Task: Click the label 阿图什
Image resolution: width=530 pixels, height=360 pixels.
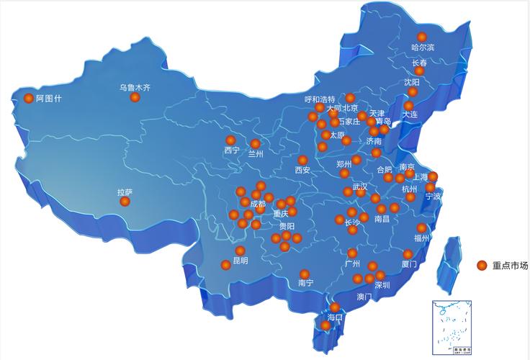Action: [x=49, y=99]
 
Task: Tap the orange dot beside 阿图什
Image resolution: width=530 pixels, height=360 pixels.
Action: [x=29, y=99]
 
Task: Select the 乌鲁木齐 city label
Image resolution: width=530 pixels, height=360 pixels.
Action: [x=135, y=88]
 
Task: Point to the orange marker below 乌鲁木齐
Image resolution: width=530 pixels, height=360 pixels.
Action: [x=135, y=97]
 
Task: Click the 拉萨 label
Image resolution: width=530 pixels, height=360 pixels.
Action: [x=125, y=192]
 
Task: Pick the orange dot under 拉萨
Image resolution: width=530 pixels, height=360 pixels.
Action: [x=125, y=202]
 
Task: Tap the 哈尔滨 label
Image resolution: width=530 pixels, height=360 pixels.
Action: [x=423, y=48]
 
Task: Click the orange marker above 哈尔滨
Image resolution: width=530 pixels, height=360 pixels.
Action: [x=422, y=37]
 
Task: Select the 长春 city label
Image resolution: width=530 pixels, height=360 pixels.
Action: [x=419, y=63]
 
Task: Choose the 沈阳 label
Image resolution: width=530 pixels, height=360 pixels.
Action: [x=412, y=83]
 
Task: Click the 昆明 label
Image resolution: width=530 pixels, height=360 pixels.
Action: [x=240, y=261]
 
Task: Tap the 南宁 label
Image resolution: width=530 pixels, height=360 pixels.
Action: [x=305, y=283]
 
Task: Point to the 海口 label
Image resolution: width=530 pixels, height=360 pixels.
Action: [x=335, y=317]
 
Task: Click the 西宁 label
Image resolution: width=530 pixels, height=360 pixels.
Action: [x=231, y=150]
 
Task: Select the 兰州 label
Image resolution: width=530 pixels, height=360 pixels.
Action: [x=256, y=153]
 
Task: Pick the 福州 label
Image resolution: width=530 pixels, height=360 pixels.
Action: [x=421, y=238]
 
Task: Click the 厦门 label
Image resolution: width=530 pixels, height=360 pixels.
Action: [x=408, y=264]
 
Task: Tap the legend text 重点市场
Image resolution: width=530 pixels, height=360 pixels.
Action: [x=510, y=265]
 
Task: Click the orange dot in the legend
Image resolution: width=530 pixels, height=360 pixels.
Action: [x=482, y=265]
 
